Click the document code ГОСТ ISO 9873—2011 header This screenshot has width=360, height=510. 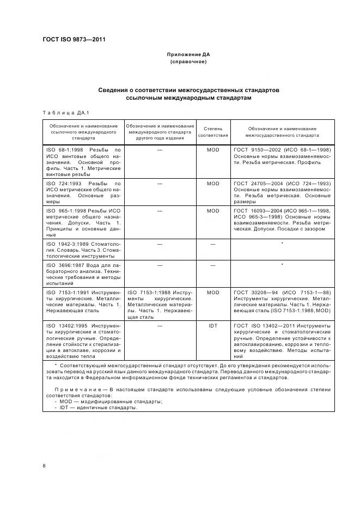pos(74,40)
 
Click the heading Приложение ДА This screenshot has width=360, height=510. pos(188,55)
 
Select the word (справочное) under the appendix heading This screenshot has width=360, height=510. pos(188,62)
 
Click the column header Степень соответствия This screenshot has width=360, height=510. pos(213,131)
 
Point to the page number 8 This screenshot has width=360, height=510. pos(44,465)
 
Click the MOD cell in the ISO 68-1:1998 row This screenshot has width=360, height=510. pos(213,149)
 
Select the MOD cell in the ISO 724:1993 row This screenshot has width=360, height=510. pos(213,184)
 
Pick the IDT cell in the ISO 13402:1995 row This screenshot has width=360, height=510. pos(213,326)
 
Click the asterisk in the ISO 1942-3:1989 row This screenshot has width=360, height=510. pos(282,244)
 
